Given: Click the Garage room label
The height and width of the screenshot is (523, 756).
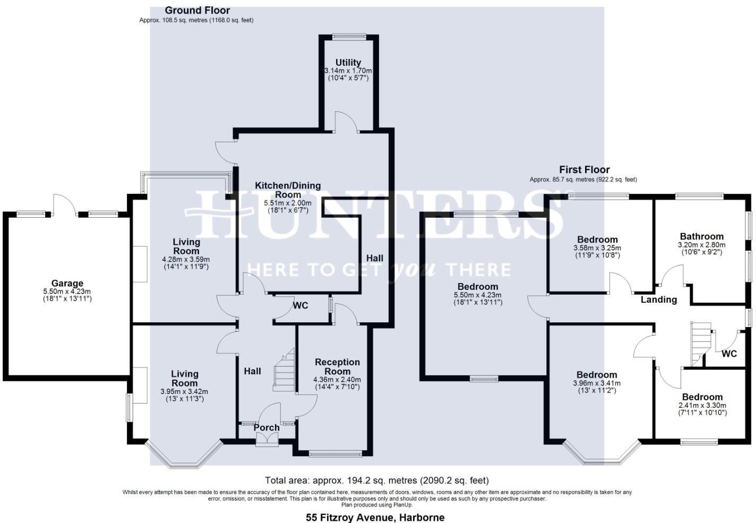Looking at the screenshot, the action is tap(67, 284).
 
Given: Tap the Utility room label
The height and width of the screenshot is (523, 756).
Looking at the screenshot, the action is tap(348, 63).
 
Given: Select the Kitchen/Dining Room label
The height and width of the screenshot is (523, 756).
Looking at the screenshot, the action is tap(288, 190).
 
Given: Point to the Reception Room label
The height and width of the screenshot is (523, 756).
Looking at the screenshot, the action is tap(337, 367).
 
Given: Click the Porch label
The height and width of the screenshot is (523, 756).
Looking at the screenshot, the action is tap(267, 427).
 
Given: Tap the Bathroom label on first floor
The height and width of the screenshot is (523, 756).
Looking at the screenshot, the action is tap(702, 236).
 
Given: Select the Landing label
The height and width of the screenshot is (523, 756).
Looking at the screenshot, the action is tap(659, 300).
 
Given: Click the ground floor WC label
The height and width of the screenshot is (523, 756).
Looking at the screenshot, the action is tap(300, 305).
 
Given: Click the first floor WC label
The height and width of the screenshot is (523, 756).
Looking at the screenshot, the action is tap(729, 354).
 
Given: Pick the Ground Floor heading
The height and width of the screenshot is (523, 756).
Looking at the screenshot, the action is tap(197, 11).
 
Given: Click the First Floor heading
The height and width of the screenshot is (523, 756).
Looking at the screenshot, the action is tap(585, 169).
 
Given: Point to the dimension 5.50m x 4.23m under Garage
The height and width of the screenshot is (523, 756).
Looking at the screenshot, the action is tap(67, 291).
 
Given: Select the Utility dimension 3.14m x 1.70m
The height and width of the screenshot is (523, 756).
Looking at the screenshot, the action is tap(348, 71).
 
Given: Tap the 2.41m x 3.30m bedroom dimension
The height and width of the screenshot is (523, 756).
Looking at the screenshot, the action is tap(702, 406).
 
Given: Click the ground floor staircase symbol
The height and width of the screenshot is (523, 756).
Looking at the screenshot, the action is tap(284, 370).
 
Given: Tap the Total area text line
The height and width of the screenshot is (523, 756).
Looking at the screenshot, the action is tap(376, 480).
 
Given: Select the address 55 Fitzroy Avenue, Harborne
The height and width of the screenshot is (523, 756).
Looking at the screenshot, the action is tap(375, 517).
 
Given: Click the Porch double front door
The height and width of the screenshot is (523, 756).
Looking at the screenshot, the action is tap(267, 440).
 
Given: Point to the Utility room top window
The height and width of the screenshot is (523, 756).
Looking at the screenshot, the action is tap(349, 37).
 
